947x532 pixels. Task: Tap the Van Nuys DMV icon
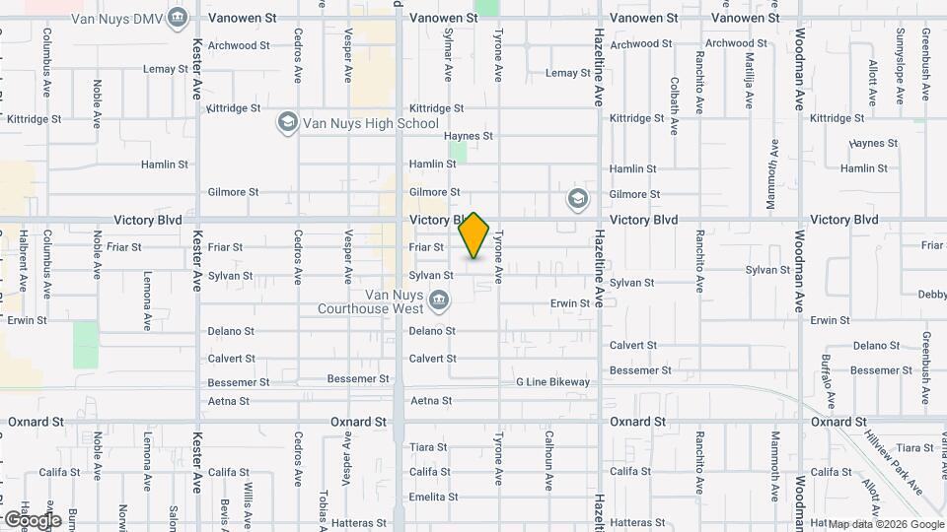[x=178, y=17]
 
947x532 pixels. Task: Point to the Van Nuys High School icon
[x=287, y=123]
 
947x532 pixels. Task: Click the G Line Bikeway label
[x=552, y=382]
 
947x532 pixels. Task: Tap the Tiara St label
[x=430, y=446]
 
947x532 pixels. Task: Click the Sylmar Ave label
[x=448, y=54]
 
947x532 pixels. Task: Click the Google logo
[x=32, y=519]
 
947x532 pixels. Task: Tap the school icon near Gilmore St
[x=577, y=200]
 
